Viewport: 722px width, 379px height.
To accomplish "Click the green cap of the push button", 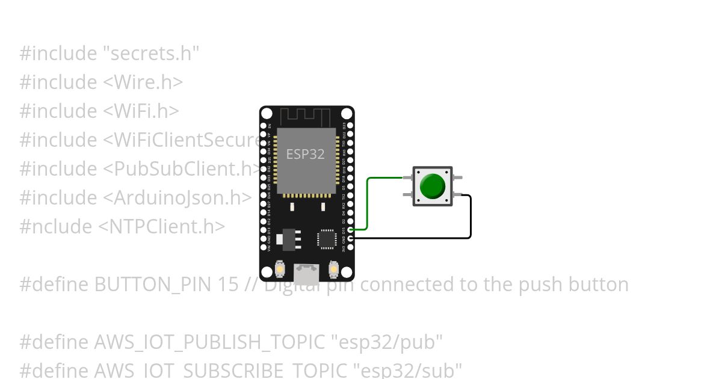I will click(x=433, y=186).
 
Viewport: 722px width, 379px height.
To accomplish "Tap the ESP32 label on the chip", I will click(x=305, y=154).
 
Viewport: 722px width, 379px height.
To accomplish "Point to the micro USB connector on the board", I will click(x=307, y=275).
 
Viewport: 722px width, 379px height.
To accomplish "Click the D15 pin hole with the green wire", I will click(x=351, y=229).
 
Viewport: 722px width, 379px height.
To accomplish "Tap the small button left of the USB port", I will click(x=280, y=270).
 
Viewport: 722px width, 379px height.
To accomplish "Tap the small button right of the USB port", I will click(x=334, y=270).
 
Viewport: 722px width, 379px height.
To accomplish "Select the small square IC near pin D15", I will click(x=327, y=238).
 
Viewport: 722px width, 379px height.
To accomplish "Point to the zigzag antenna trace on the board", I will click(x=307, y=116).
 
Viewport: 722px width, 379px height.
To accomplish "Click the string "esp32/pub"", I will click(x=387, y=342).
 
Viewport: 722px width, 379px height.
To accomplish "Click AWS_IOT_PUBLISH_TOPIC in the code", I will click(x=210, y=342).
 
